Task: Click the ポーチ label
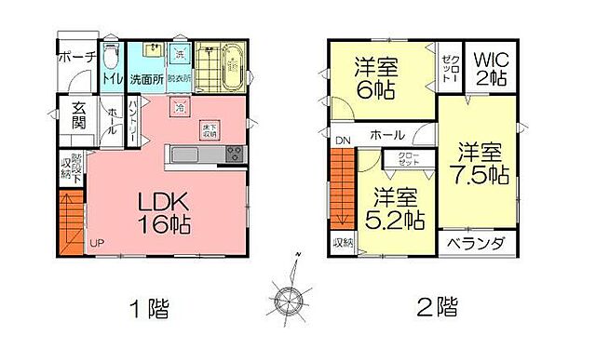76,58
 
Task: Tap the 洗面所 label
146,80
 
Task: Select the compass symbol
290,299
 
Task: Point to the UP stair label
96,244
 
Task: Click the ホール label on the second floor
387,135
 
